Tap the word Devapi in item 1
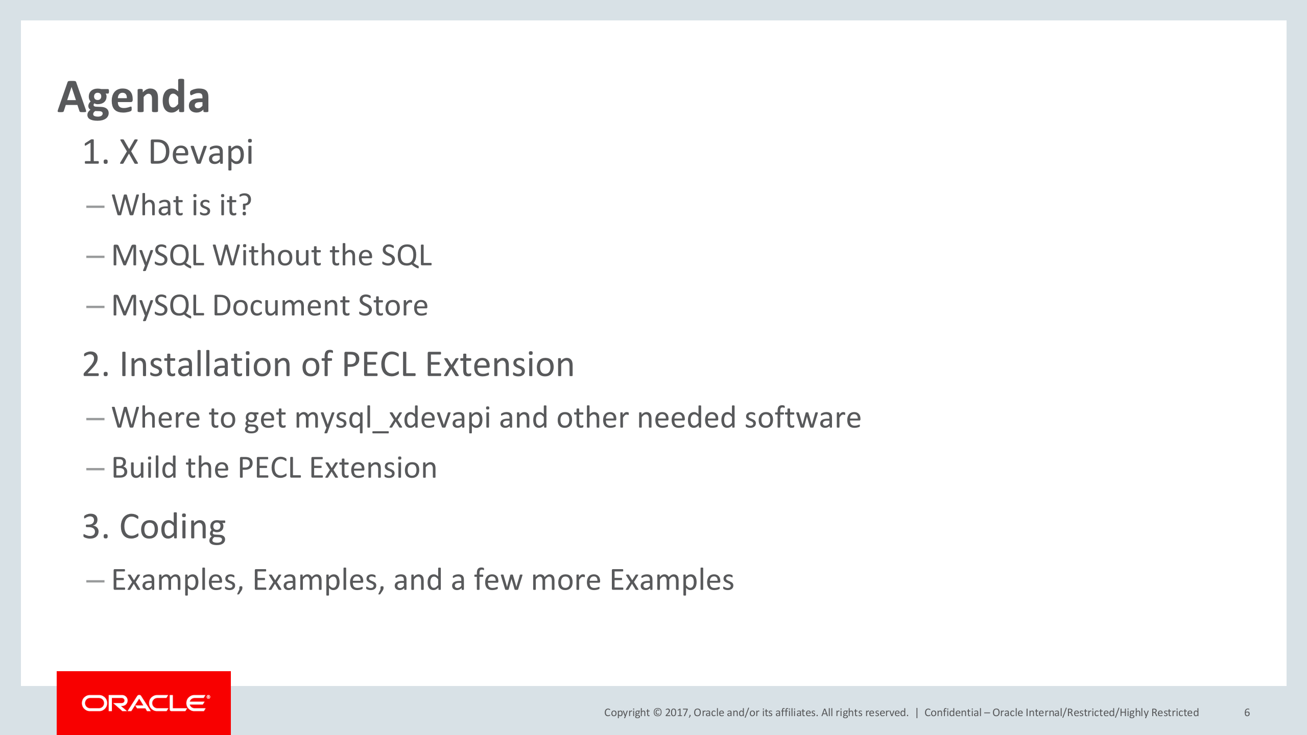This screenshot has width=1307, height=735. [x=200, y=152]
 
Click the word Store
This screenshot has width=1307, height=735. [x=393, y=305]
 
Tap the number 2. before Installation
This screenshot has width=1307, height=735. [x=96, y=364]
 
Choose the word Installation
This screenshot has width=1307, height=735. [x=205, y=364]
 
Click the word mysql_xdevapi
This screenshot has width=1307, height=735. [x=392, y=418]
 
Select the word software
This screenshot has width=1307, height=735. [x=802, y=418]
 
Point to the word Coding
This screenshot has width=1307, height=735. [x=172, y=527]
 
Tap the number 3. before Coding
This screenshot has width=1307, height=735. [x=96, y=527]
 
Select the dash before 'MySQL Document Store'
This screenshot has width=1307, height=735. [x=96, y=307]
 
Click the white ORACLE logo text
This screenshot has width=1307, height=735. [x=145, y=703]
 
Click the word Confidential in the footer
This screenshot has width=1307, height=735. [x=953, y=713]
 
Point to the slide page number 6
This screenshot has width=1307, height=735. [x=1247, y=713]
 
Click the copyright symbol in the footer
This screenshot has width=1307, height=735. [x=657, y=713]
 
